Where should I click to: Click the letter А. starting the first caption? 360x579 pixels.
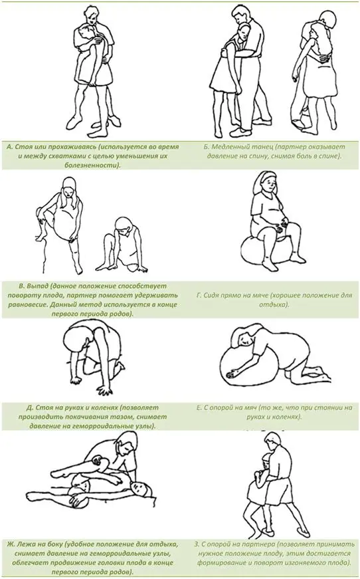click(11, 147)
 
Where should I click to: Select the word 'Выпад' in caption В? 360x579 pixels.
click(39, 287)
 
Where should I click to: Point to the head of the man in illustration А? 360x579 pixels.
click(91, 15)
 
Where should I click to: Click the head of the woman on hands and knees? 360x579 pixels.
click(76, 338)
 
